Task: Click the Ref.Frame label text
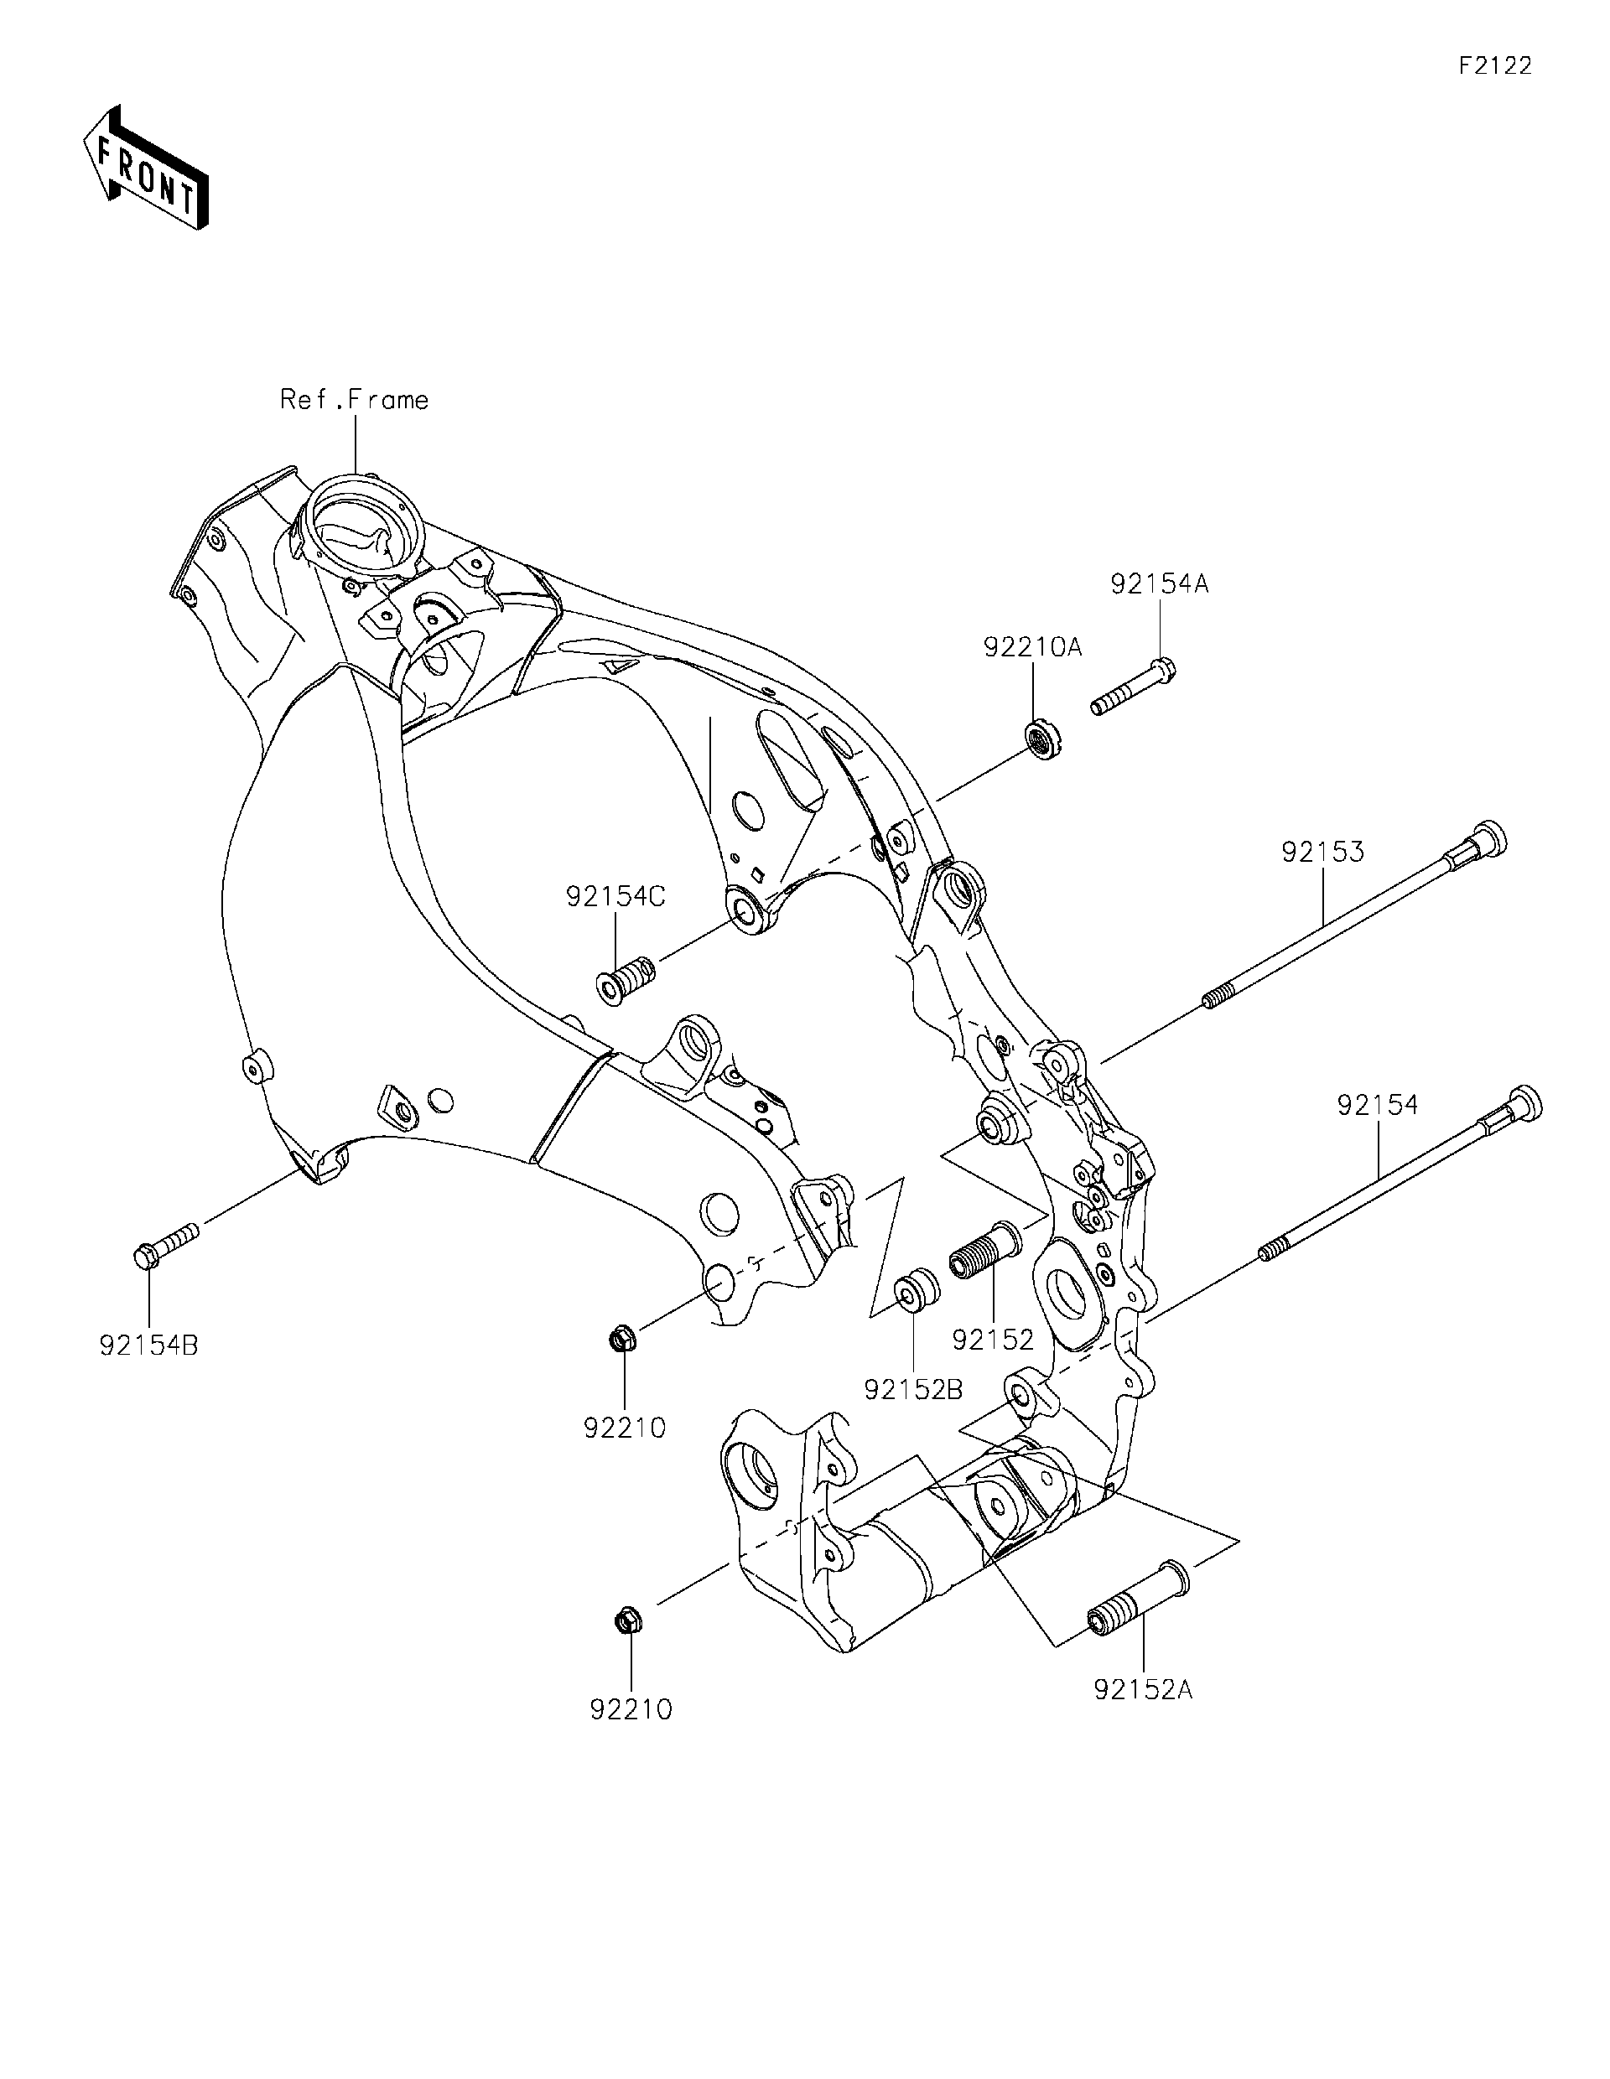[x=353, y=400]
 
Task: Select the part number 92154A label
[x=1159, y=584]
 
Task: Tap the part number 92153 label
[x=1322, y=852]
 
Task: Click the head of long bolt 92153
[x=1482, y=842]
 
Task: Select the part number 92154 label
[x=1377, y=1105]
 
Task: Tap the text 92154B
[x=148, y=1346]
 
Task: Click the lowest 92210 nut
[x=628, y=1620]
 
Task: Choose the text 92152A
[x=1143, y=1690]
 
